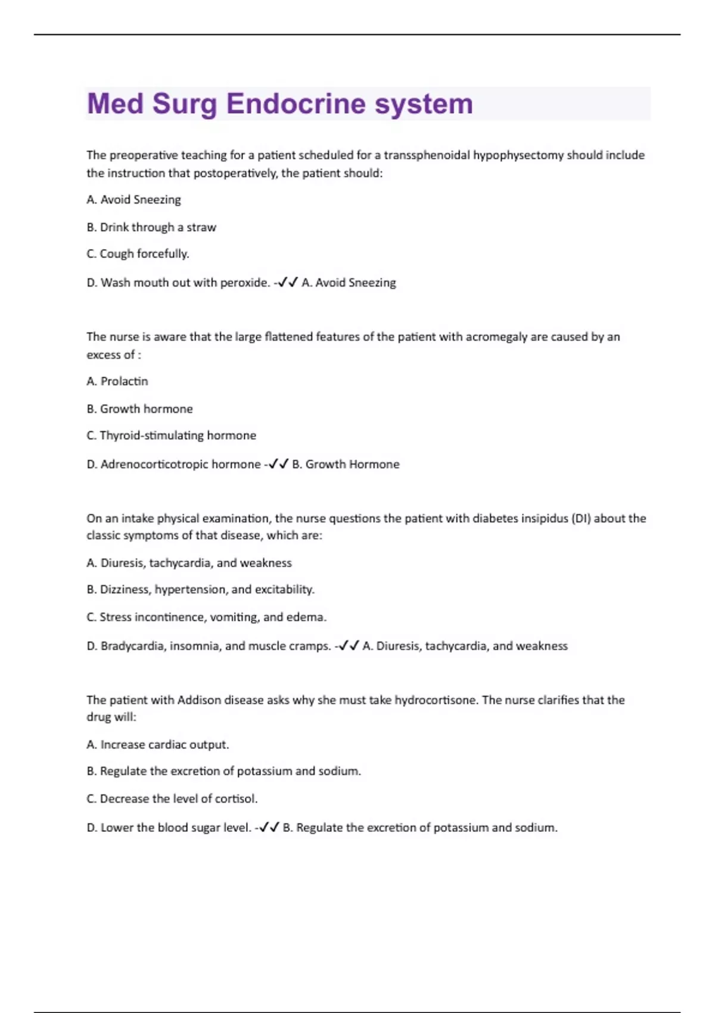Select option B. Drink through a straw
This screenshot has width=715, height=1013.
(x=151, y=227)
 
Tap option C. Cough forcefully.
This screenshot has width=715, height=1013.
(x=138, y=254)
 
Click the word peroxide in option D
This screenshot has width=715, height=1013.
(x=244, y=282)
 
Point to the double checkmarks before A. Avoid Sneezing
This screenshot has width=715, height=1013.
(x=288, y=282)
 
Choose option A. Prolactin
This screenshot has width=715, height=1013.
(x=117, y=381)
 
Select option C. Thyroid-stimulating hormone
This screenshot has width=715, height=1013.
(x=172, y=436)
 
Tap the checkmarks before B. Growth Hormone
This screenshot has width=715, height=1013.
(x=278, y=464)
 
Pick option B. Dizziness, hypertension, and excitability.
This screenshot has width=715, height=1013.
(x=200, y=589)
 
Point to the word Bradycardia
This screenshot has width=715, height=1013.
(x=132, y=646)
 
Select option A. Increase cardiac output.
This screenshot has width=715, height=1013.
(x=158, y=745)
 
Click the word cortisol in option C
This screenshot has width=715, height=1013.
(x=235, y=798)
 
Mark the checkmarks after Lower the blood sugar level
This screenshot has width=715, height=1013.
(x=269, y=828)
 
